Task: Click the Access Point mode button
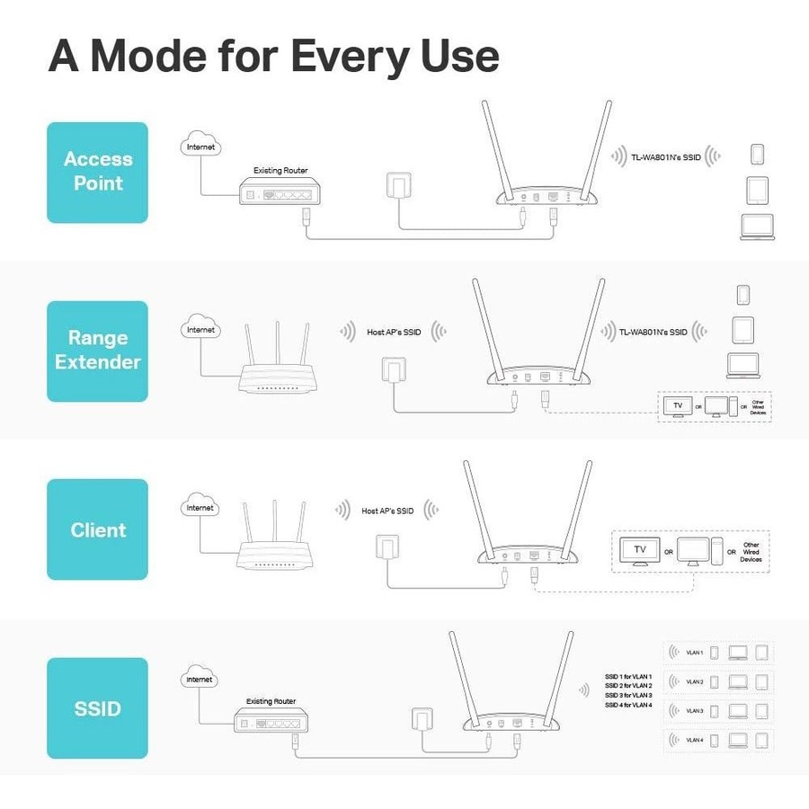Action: pos(97,172)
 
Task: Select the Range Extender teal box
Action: pos(97,351)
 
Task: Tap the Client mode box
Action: pos(97,529)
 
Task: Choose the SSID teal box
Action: pos(97,708)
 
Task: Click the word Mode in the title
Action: pos(157,56)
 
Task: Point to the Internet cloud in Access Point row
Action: pos(200,146)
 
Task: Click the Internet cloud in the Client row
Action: pos(200,508)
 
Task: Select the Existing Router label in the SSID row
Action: pos(271,701)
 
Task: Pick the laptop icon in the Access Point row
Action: pos(757,227)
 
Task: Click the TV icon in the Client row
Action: pos(640,549)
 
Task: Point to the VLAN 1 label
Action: pos(694,653)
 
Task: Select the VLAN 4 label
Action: pos(694,741)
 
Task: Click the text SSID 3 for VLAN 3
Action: pos(628,695)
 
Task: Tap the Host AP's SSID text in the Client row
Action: pos(387,511)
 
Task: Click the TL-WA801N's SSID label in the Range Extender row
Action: pos(653,332)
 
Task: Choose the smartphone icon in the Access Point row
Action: pos(757,154)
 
